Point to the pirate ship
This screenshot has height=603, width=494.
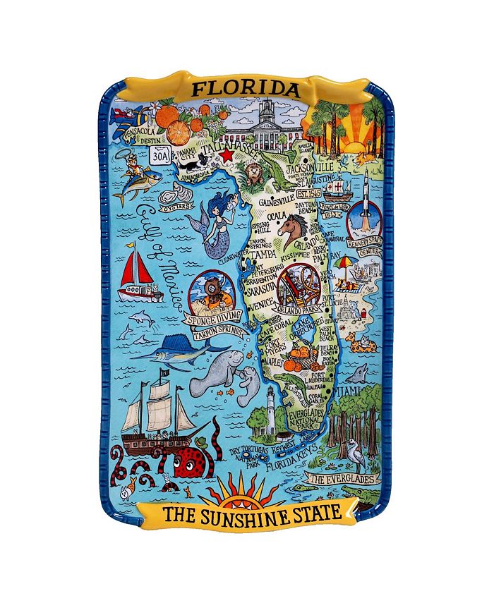157,416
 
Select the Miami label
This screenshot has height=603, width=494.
349,391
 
